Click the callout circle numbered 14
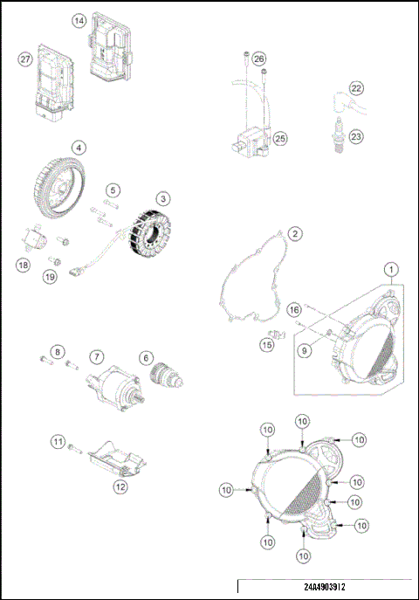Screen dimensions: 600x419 (x=79, y=20)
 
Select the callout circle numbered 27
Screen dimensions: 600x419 (x=25, y=59)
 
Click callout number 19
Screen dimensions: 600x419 (x=52, y=277)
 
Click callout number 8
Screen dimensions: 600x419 (x=58, y=352)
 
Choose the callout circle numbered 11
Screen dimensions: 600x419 (x=58, y=443)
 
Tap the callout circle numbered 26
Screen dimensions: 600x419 (x=259, y=59)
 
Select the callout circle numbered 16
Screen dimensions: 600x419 (x=295, y=309)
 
